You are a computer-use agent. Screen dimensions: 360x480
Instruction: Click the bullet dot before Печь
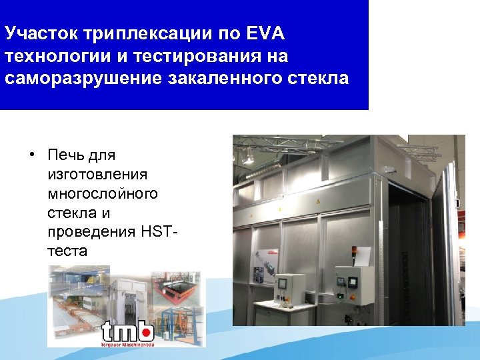click(x=31, y=156)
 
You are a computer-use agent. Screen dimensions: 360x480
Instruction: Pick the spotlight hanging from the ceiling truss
click(x=249, y=157)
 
